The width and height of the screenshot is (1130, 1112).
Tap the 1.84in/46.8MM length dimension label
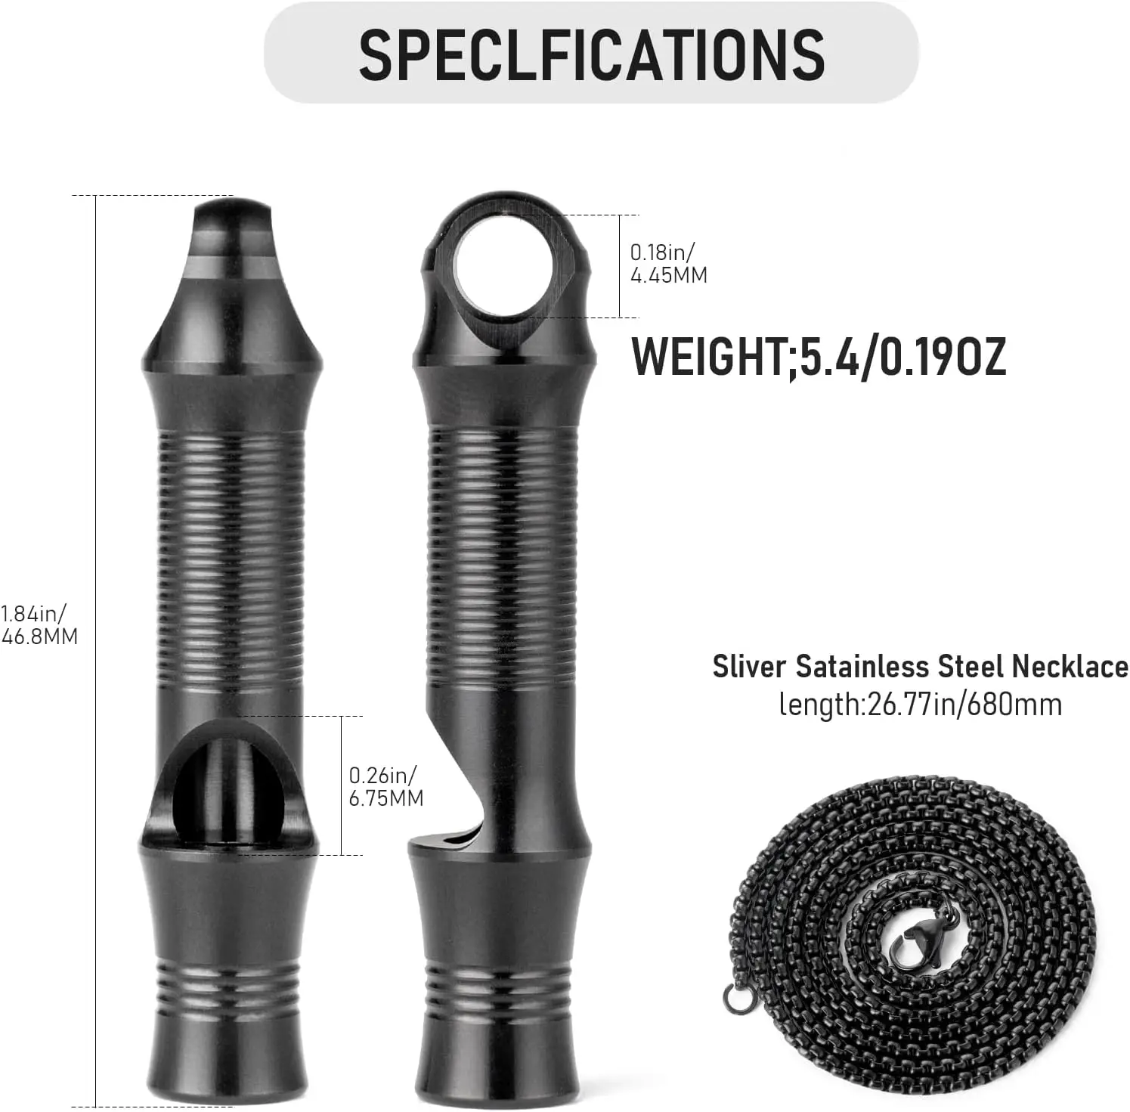[x=39, y=624]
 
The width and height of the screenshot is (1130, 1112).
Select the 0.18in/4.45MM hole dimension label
[x=668, y=263]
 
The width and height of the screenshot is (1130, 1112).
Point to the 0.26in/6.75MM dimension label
[x=385, y=786]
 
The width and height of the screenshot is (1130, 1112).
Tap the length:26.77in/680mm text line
[x=920, y=705]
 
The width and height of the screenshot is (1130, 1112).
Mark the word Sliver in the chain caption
[x=749, y=667]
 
